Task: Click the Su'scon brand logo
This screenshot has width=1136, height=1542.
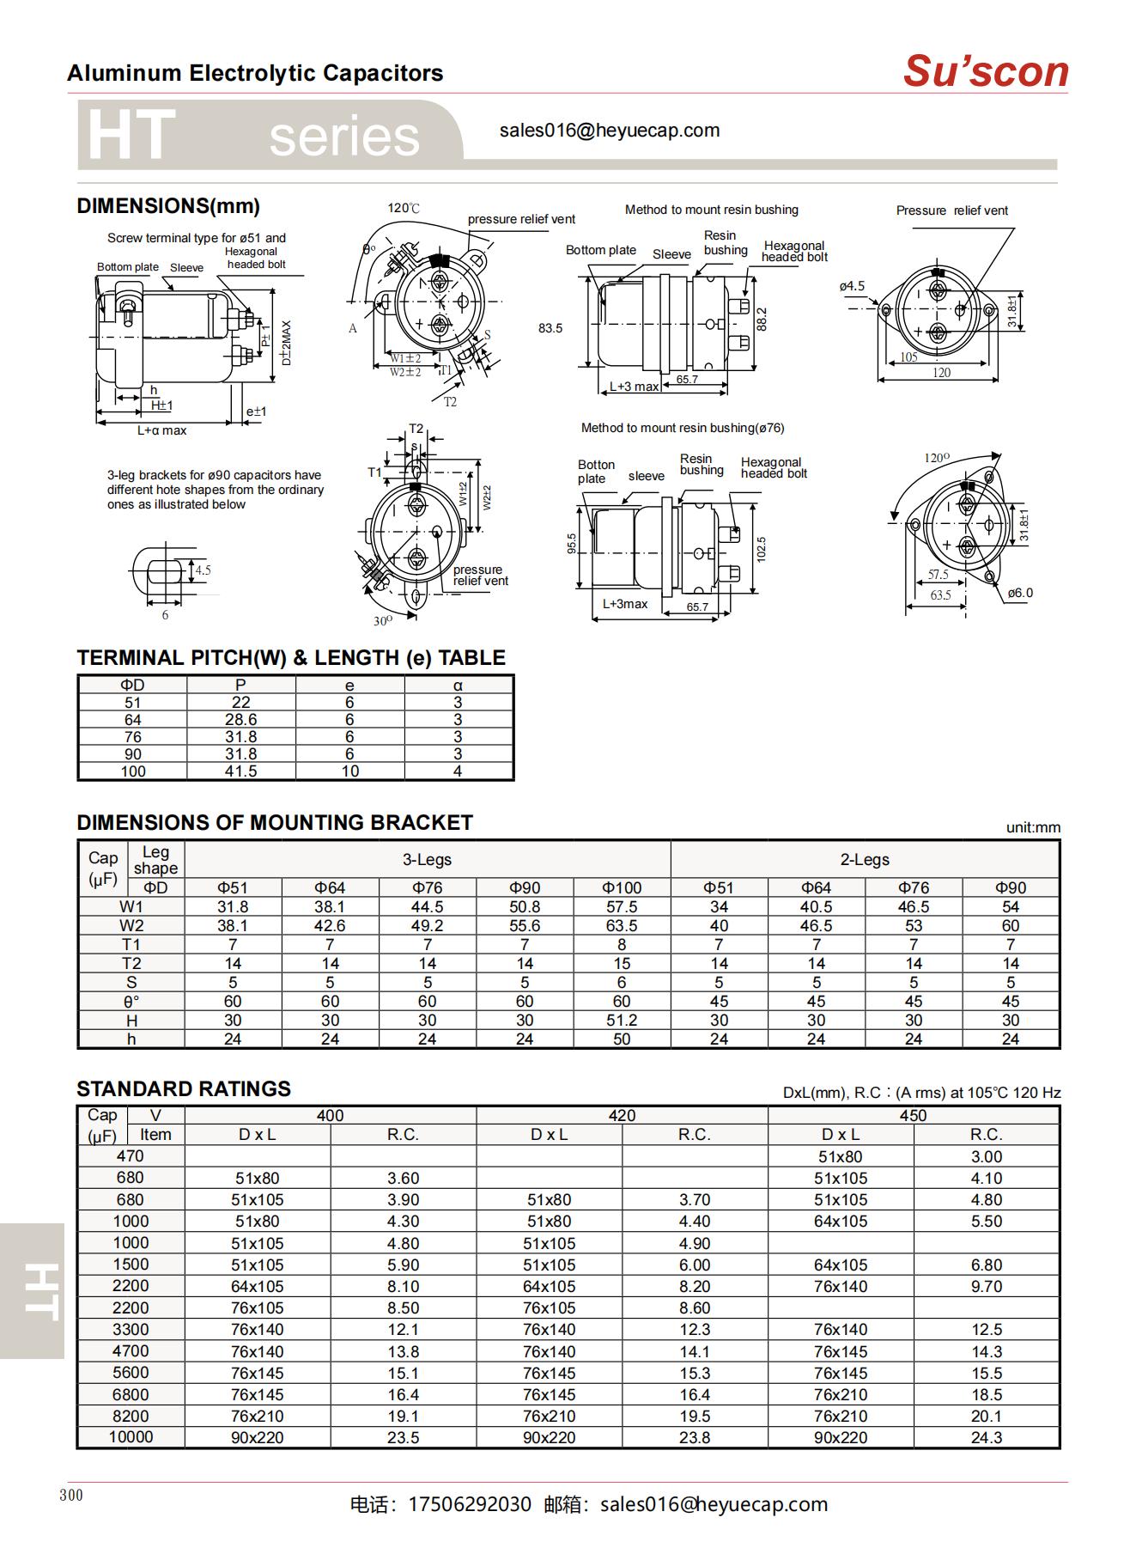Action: (985, 71)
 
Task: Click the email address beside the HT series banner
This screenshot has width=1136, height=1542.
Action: (609, 131)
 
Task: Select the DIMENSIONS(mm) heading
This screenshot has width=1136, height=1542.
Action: (168, 206)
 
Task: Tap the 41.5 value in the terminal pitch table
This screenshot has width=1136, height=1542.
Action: (240, 771)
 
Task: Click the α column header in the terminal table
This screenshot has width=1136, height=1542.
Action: (458, 685)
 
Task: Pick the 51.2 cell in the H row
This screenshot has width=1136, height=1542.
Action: (621, 1020)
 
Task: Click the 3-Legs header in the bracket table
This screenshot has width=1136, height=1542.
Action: (427, 859)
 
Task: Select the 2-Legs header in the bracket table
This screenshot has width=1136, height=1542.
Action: (864, 859)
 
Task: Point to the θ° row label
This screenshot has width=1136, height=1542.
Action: (131, 1001)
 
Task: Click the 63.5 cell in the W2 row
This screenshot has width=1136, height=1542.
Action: (621, 925)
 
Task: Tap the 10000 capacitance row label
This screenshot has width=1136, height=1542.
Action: (131, 1437)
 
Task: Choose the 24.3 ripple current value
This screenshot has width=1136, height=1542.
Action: (986, 1437)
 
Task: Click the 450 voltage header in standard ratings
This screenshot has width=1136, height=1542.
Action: (913, 1115)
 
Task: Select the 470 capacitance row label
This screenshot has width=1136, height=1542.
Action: (131, 1156)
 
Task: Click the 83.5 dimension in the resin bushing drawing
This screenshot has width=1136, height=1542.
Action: (550, 328)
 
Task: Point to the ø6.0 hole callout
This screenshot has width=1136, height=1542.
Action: (1020, 593)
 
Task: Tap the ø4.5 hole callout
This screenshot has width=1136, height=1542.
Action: (852, 286)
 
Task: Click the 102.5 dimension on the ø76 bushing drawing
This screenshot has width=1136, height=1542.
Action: (761, 550)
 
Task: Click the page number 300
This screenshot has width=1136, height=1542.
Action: (71, 1495)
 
